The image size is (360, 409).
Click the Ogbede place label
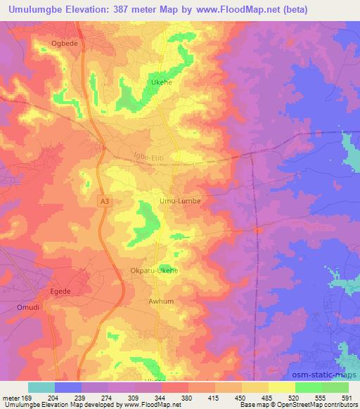coord(63,44)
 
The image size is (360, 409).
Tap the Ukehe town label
coord(163,82)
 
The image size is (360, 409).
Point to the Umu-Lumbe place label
coord(180,201)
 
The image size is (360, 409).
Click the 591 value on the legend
coord(347,397)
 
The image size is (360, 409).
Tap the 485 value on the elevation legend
coord(266,397)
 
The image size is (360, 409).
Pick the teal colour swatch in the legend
coord(41,387)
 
